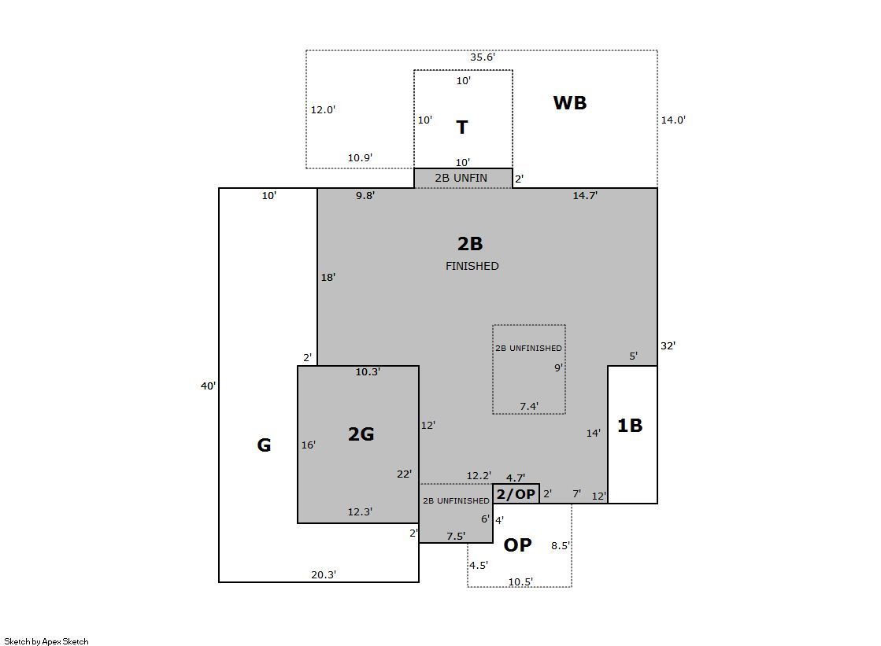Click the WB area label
[570, 103]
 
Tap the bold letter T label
[462, 127]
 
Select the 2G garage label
[361, 434]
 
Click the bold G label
[264, 445]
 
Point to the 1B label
[630, 425]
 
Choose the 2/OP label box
[516, 494]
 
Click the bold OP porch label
[517, 544]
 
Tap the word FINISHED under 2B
[472, 266]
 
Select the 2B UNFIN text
[461, 178]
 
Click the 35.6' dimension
[482, 57]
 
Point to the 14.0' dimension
[673, 120]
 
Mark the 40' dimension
[208, 386]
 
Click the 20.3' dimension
[324, 574]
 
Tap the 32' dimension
[668, 346]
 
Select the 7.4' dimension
[529, 406]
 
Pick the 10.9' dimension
[360, 158]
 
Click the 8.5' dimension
[561, 545]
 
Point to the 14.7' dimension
[585, 195]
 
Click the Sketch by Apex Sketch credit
[46, 641]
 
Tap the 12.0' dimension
[323, 109]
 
